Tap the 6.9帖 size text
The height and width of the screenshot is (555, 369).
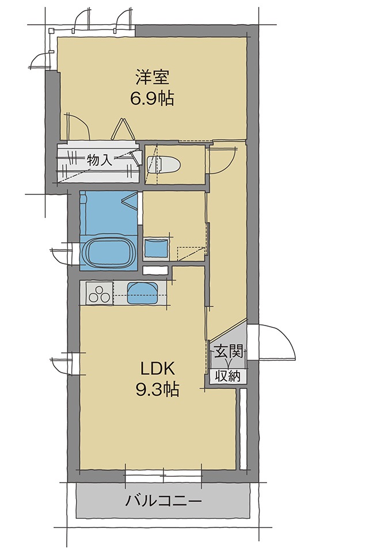click(x=153, y=98)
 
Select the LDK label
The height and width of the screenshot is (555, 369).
click(x=158, y=369)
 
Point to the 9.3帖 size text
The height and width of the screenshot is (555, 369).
click(x=157, y=390)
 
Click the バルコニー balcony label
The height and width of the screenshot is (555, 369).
click(x=163, y=501)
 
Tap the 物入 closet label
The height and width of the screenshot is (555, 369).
click(x=100, y=160)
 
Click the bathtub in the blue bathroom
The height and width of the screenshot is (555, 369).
click(x=108, y=252)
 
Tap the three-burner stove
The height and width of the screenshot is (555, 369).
click(x=99, y=293)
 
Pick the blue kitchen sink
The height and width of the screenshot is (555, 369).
click(x=142, y=292)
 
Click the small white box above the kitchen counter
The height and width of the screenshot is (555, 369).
click(x=155, y=270)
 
